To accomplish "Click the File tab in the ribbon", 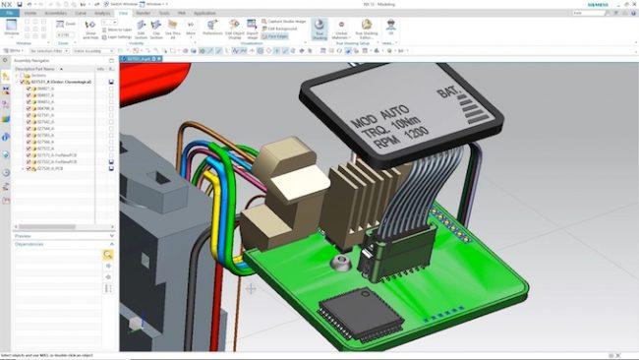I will (11, 14).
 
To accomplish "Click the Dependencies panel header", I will (29, 244).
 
